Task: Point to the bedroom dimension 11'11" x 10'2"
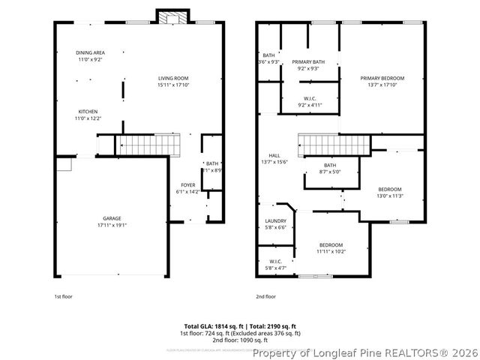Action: coord(331,252)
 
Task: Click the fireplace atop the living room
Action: coord(167,16)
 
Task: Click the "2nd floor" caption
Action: coord(265,296)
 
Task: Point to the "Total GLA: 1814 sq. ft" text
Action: coord(206,326)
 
